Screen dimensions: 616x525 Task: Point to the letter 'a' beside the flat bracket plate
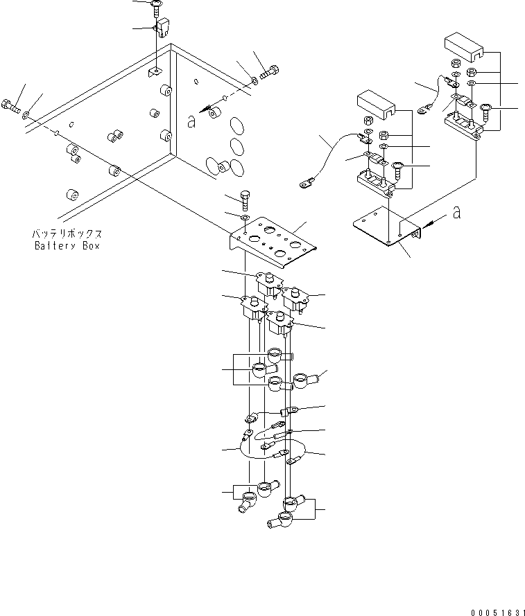tap(456, 213)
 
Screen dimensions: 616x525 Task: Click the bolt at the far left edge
tap(10, 107)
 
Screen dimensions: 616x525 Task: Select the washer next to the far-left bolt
tap(26, 114)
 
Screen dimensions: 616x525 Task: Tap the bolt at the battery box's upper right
tap(270, 71)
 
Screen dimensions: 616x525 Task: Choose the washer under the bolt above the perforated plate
tap(245, 218)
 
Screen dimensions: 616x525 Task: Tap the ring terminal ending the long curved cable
tap(304, 185)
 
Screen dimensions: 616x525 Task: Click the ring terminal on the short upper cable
tap(423, 108)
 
